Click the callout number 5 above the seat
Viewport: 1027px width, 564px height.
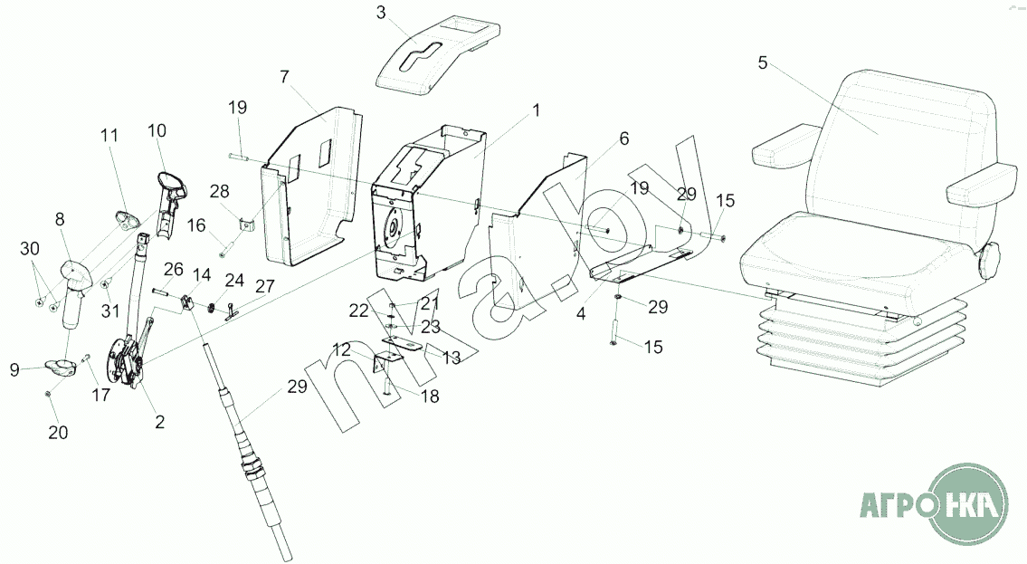[x=762, y=63]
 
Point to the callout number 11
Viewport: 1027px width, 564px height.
[x=109, y=136]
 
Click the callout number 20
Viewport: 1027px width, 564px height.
[x=58, y=432]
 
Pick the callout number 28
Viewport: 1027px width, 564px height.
[x=220, y=190]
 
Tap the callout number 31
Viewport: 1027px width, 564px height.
[x=110, y=311]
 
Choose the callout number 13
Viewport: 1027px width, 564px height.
[x=450, y=358]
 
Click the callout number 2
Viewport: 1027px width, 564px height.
[x=159, y=422]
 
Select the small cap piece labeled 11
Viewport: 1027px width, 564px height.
[x=125, y=218]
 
